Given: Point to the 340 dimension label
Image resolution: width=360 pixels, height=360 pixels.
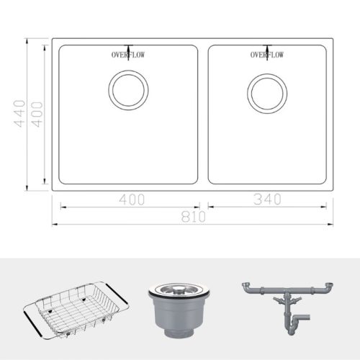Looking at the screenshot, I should click(x=266, y=199).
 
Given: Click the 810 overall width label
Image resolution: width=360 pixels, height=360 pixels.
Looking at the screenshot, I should click(x=194, y=215).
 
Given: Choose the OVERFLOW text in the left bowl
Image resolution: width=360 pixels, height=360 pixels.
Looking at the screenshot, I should click(x=127, y=55).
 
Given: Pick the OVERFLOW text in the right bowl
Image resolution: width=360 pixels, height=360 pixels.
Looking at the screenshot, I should click(x=267, y=55).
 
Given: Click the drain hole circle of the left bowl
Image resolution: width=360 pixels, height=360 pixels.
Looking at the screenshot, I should click(x=129, y=89).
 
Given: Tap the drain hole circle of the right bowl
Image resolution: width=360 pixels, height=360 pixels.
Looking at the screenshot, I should click(x=268, y=89).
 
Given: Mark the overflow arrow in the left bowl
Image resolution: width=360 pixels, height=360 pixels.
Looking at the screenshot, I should click(x=128, y=48).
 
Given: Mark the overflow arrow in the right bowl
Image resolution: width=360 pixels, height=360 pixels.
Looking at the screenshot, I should click(x=268, y=48).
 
